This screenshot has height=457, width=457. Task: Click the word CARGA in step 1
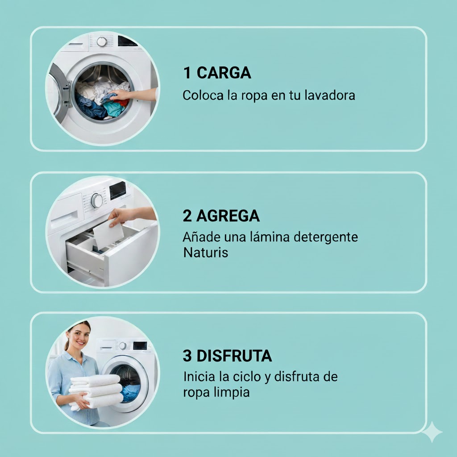tap(224, 73)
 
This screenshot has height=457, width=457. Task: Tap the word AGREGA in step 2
tap(228, 216)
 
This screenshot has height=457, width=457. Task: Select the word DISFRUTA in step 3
tap(234, 356)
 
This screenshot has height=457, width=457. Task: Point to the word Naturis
tap(205, 253)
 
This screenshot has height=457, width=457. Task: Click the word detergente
tap(325, 237)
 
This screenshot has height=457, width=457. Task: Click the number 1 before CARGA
tap(187, 73)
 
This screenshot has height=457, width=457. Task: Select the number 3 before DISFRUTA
tap(187, 356)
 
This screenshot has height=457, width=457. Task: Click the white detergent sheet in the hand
tap(108, 234)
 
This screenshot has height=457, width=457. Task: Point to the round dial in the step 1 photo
tap(101, 42)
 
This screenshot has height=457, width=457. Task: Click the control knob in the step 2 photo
tap(97, 200)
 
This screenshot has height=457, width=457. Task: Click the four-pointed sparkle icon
tap(432, 432)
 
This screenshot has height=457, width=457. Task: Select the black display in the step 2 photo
tap(118, 190)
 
